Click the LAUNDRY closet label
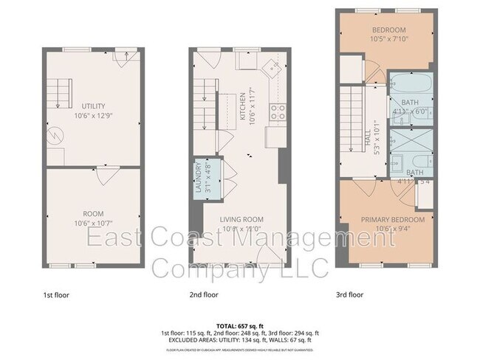(198, 177)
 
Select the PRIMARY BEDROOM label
(392, 220)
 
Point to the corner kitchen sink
(274, 69)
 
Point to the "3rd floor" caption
(350, 294)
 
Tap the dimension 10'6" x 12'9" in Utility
(94, 115)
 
